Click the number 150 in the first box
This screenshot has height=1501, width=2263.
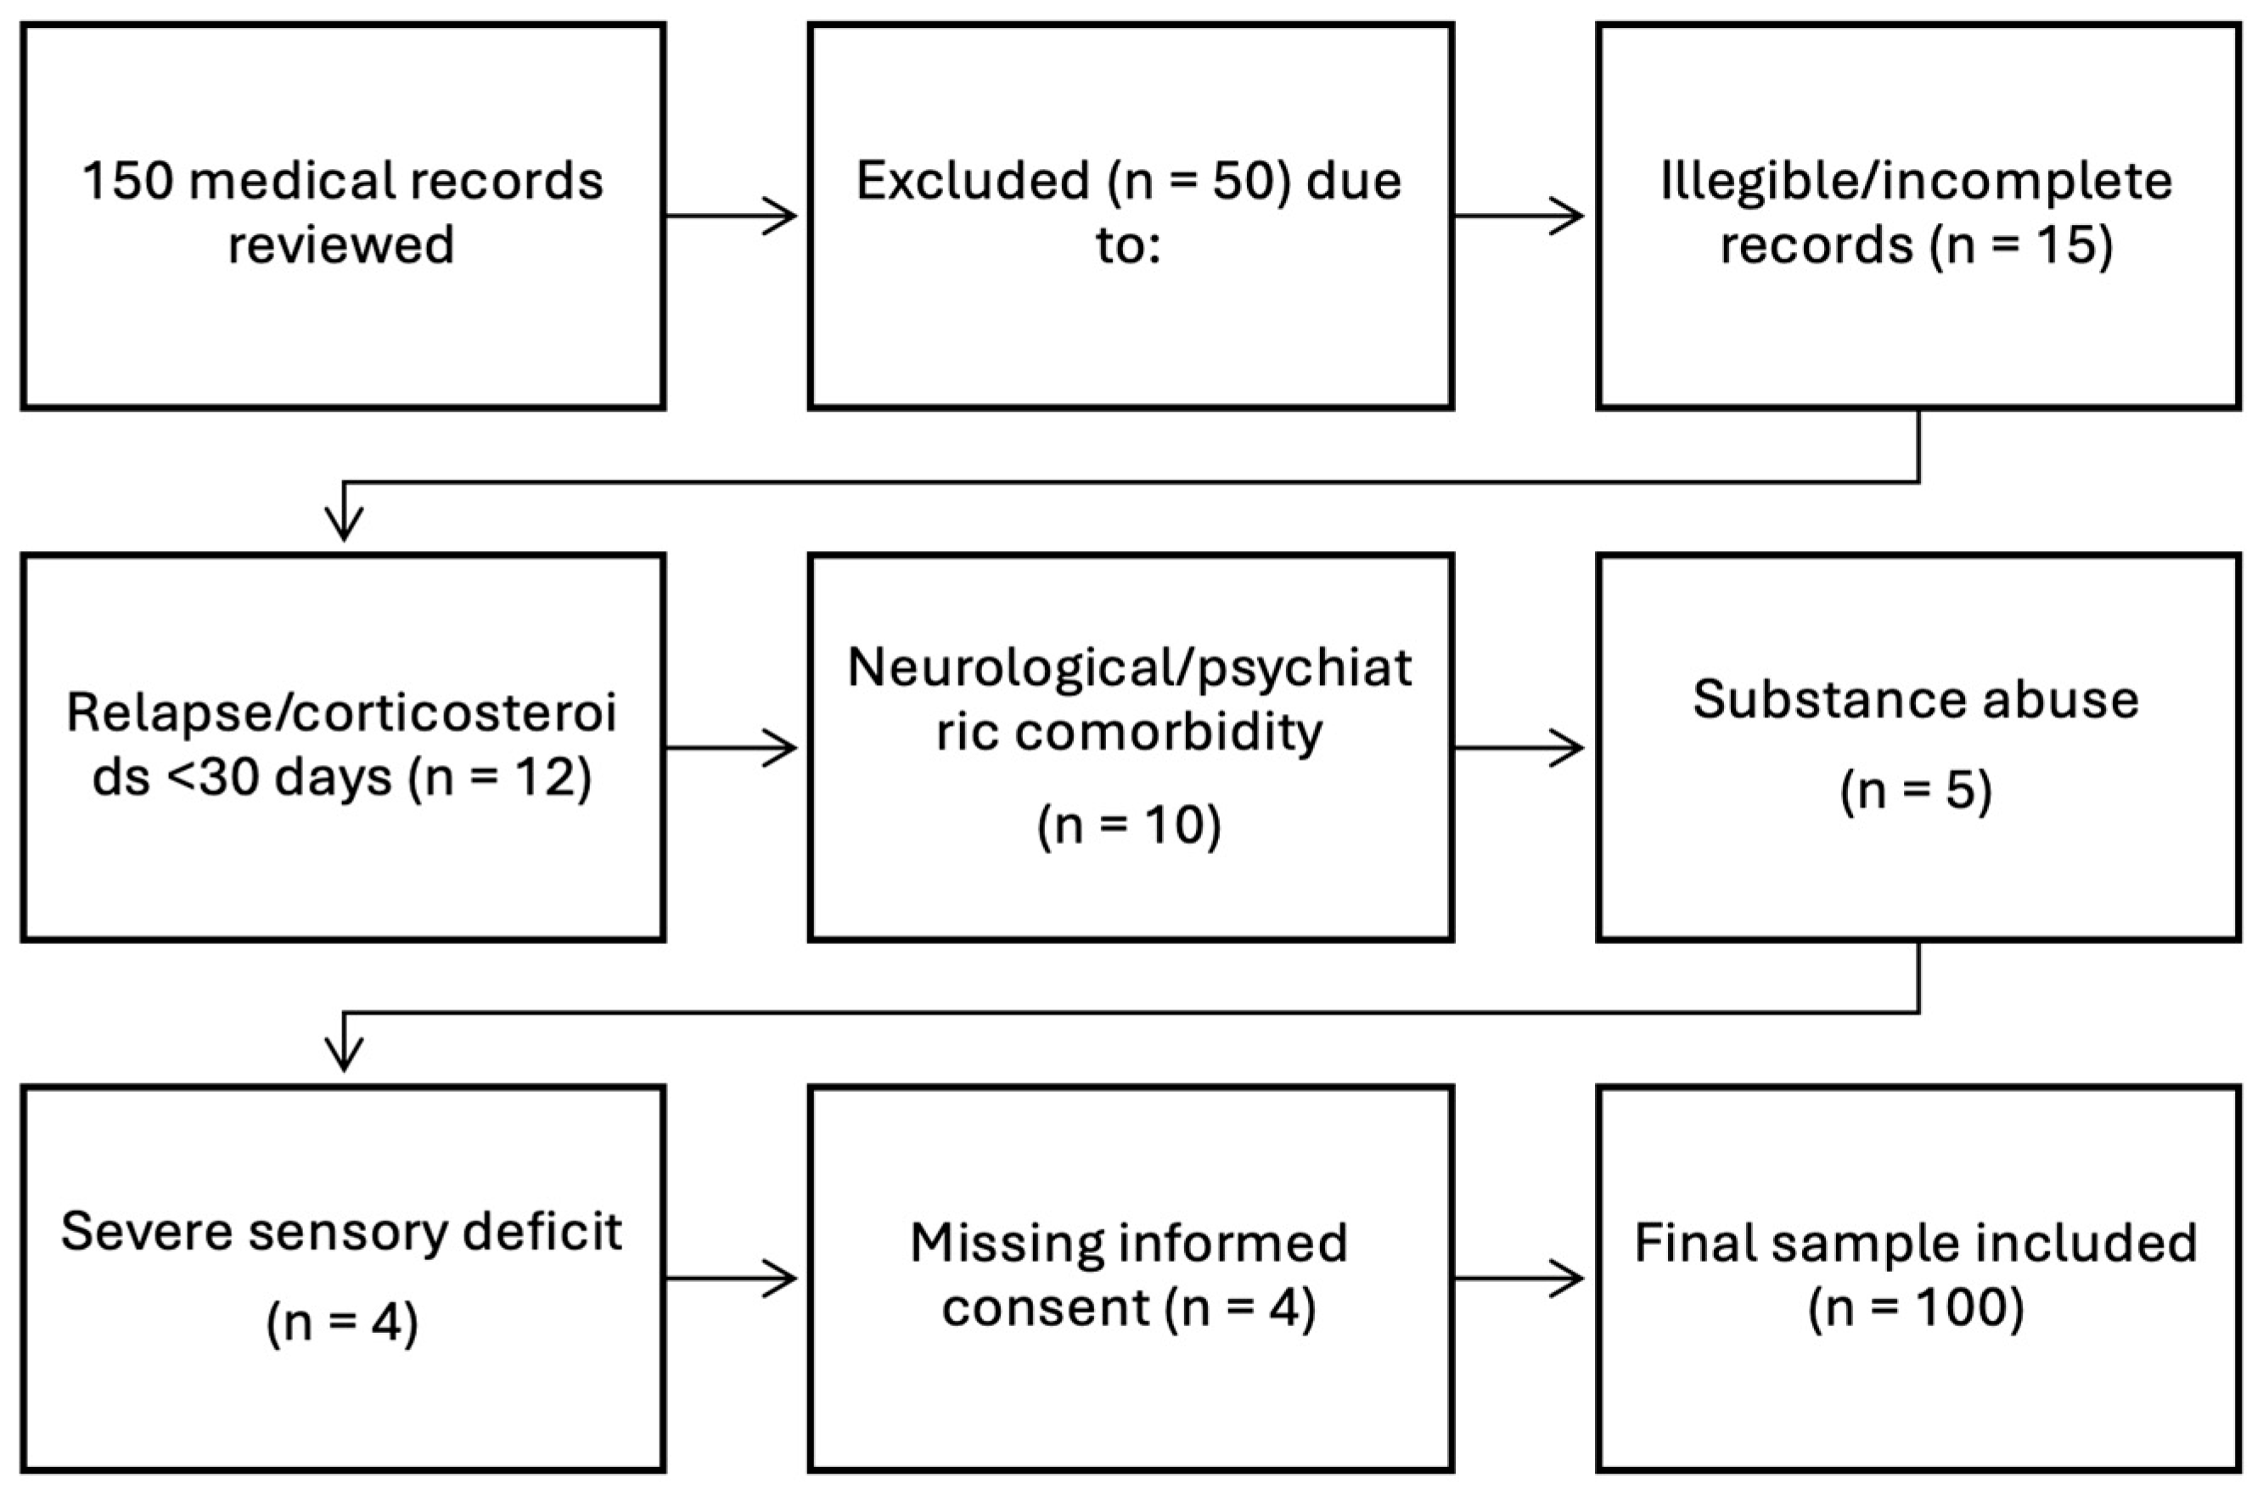click(x=128, y=181)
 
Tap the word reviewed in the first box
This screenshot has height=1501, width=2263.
click(x=340, y=245)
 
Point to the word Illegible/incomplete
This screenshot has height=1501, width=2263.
click(x=1917, y=181)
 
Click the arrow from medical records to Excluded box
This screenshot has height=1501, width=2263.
click(x=732, y=216)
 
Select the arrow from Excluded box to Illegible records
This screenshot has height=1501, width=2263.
click(x=1519, y=216)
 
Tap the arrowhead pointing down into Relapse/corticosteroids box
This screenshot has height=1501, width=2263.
click(x=344, y=522)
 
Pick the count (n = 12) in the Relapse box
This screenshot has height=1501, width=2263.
click(x=499, y=778)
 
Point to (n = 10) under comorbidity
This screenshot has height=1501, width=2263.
click(x=1129, y=825)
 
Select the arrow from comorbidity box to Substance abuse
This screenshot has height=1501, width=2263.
click(x=1519, y=749)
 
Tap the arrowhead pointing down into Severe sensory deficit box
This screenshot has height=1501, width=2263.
click(x=344, y=1053)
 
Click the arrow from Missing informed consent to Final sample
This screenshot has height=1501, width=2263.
click(x=1519, y=1279)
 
